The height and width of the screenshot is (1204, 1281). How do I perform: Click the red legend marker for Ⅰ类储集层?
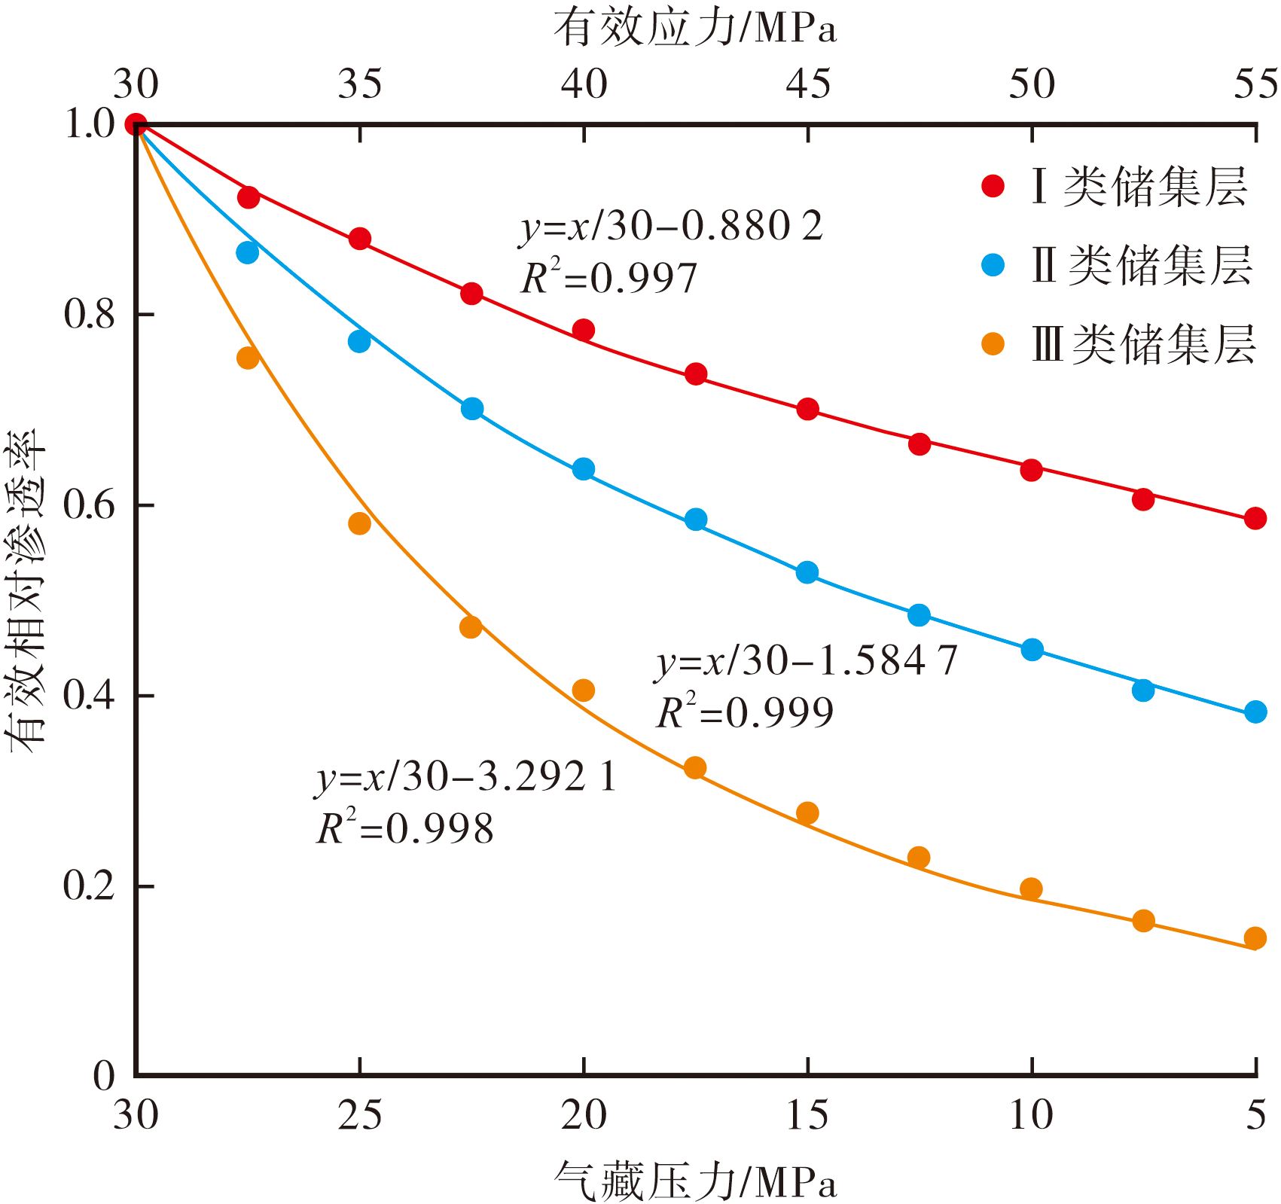(993, 186)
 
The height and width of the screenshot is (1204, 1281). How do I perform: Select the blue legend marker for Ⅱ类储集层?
(993, 265)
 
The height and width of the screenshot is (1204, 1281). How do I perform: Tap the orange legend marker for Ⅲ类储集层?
(993, 344)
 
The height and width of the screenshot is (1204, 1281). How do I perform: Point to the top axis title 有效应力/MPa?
(695, 29)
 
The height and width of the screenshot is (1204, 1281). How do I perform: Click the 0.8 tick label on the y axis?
(88, 315)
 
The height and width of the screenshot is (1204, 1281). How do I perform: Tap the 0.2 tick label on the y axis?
(88, 886)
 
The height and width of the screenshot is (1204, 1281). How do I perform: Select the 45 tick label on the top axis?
(808, 84)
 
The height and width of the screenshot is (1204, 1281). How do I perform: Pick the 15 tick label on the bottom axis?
(807, 1114)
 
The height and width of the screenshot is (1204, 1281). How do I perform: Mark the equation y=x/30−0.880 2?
(671, 227)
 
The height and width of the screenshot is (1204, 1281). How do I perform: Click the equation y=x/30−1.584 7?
(806, 662)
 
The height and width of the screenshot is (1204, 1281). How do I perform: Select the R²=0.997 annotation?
(609, 279)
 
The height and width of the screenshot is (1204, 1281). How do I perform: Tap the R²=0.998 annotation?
(405, 829)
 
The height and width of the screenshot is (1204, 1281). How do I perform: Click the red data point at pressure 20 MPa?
(584, 330)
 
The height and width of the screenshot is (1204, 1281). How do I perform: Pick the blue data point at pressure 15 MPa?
(807, 572)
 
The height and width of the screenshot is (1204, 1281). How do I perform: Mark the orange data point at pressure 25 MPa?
(360, 523)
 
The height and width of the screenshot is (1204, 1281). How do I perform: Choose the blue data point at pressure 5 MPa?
(1255, 712)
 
